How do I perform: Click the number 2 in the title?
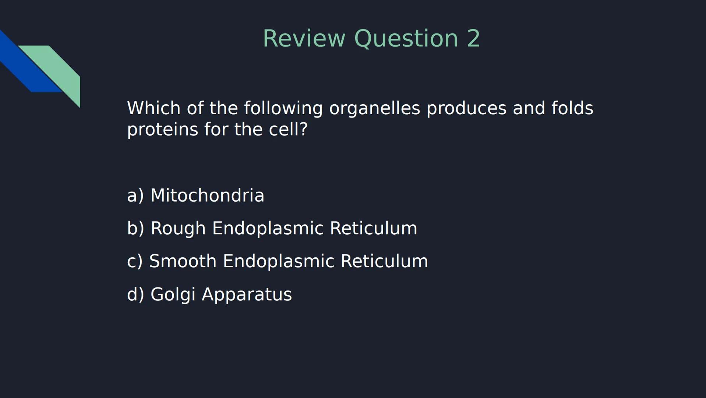pyautogui.click(x=473, y=39)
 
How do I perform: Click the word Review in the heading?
pyautogui.click(x=304, y=39)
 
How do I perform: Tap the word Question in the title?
pyautogui.click(x=406, y=39)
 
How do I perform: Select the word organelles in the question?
pyautogui.click(x=374, y=108)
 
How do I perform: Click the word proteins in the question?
pyautogui.click(x=162, y=130)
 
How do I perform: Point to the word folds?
pyautogui.click(x=572, y=108)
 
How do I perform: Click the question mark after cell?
pyautogui.click(x=304, y=130)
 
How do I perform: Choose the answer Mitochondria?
pyautogui.click(x=207, y=195)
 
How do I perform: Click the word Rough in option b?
pyautogui.click(x=178, y=228)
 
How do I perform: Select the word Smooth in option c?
pyautogui.click(x=183, y=261)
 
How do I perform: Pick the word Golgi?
pyautogui.click(x=173, y=295)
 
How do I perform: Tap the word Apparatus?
pyautogui.click(x=247, y=295)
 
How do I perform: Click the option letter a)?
pyautogui.click(x=135, y=195)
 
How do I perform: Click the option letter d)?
pyautogui.click(x=135, y=294)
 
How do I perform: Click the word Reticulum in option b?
pyautogui.click(x=373, y=228)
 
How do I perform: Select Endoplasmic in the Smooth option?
pyautogui.click(x=278, y=261)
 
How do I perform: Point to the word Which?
pyautogui.click(x=153, y=108)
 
